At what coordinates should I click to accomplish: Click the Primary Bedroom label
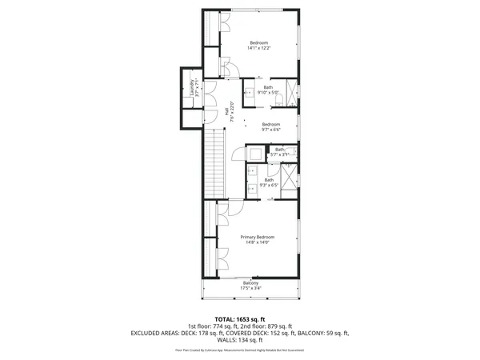[258, 238]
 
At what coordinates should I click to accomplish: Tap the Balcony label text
[251, 282]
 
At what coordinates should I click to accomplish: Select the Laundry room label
[191, 90]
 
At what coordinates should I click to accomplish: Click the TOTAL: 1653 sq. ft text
[240, 319]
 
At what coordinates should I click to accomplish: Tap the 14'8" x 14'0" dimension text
[258, 243]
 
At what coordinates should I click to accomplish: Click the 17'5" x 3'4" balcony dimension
[251, 288]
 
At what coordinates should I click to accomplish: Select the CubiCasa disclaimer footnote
[240, 350]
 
